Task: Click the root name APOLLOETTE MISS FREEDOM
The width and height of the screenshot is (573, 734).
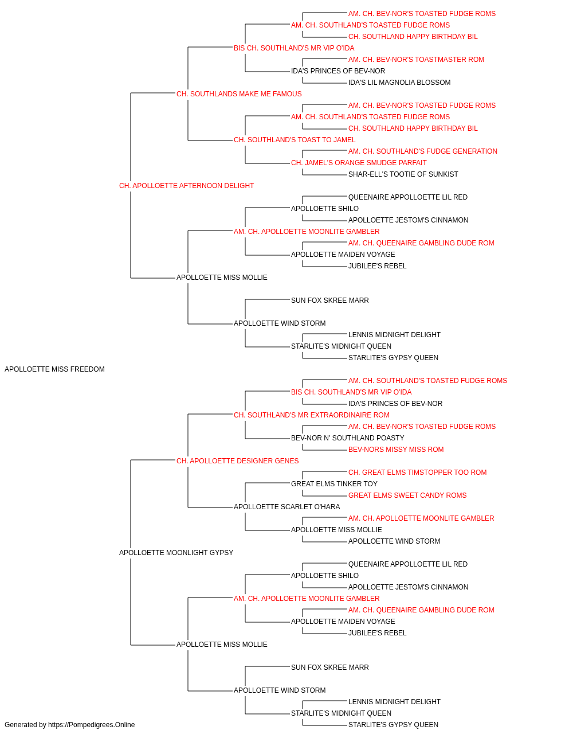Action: pyautogui.click(x=54, y=369)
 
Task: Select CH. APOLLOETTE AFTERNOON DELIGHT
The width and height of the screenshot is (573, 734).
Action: pyautogui.click(x=186, y=186)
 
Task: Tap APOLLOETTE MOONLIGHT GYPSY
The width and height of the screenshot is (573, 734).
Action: pyautogui.click(x=176, y=553)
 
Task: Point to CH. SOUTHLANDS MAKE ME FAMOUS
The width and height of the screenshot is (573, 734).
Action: pyautogui.click(x=239, y=94)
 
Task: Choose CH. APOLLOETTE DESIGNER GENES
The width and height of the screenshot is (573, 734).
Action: pyautogui.click(x=238, y=460)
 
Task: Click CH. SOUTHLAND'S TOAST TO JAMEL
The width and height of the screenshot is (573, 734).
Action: pyautogui.click(x=295, y=140)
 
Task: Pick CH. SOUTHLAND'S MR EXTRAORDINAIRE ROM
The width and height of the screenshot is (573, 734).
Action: pyautogui.click(x=312, y=415)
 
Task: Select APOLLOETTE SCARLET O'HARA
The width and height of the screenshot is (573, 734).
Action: pyautogui.click(x=287, y=507)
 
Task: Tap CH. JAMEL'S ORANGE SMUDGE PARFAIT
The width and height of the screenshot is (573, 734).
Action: pyautogui.click(x=359, y=163)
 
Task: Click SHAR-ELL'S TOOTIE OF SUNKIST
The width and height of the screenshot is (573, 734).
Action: pyautogui.click(x=403, y=174)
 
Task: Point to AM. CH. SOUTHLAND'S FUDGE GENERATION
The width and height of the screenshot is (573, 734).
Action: pyautogui.click(x=423, y=151)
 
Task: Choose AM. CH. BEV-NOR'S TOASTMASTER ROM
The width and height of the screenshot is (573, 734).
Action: pyautogui.click(x=416, y=60)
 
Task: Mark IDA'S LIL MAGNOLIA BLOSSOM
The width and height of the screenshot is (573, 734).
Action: pyautogui.click(x=399, y=83)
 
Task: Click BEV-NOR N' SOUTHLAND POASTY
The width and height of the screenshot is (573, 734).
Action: pyautogui.click(x=348, y=438)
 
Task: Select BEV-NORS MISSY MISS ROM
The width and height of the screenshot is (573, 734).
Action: pyautogui.click(x=396, y=449)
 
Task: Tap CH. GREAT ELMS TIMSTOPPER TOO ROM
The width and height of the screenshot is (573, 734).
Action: pyautogui.click(x=418, y=472)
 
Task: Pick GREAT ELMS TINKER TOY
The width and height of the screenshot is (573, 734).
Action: pyautogui.click(x=334, y=484)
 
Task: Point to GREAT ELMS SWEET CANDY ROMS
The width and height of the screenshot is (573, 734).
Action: pyautogui.click(x=407, y=495)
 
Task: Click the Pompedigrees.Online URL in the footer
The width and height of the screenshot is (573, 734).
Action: pyautogui.click(x=92, y=725)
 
